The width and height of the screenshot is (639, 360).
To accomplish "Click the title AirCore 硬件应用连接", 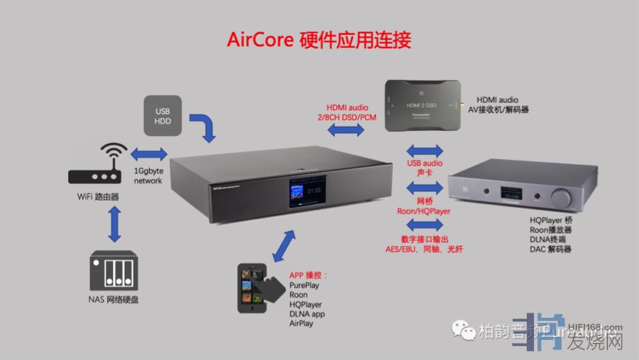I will (318, 39).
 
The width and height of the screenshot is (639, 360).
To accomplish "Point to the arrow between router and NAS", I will (114, 221).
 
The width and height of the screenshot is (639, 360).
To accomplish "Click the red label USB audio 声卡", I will (424, 168).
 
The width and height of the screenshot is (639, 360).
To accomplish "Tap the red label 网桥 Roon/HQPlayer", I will (424, 205).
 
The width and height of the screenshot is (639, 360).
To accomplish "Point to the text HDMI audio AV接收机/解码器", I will (502, 104).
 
